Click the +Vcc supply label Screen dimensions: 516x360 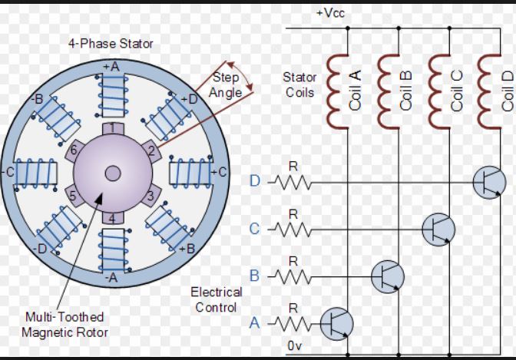coord(330,13)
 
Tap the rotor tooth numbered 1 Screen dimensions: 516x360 coord(113,128)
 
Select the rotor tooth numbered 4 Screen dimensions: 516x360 coord(113,218)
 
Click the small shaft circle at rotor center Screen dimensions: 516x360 coord(113,173)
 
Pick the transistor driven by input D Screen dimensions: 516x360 coord(489,183)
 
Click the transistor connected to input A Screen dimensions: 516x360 coord(336,324)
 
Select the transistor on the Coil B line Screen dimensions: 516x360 coord(388,276)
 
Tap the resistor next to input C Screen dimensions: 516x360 coord(293,230)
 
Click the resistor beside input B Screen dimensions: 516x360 coord(293,276)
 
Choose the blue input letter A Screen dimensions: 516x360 coord(254,323)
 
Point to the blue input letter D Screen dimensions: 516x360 coord(255,181)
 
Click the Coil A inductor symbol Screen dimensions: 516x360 coord(337,91)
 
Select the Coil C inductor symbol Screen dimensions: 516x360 coord(439,91)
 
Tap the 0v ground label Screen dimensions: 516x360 coord(295,346)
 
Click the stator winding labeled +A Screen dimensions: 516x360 coord(113,95)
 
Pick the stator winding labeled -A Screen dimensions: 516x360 coord(114,251)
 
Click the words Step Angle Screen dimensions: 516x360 coord(226,85)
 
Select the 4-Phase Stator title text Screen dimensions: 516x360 coord(111,44)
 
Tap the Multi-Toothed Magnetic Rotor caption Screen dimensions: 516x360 coord(64,325)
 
